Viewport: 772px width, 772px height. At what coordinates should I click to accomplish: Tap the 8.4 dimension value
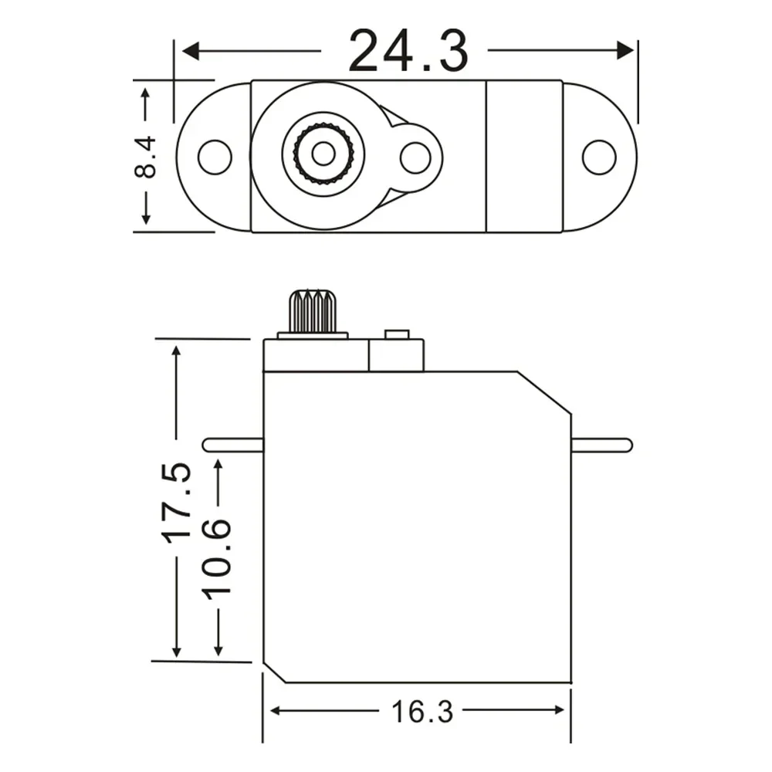point(146,157)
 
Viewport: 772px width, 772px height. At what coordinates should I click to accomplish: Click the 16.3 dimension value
point(421,711)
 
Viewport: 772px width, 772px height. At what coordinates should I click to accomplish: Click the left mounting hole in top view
point(215,157)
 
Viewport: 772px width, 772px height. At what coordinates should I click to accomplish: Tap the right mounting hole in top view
point(599,157)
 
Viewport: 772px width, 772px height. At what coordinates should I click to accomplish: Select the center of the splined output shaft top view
point(323,154)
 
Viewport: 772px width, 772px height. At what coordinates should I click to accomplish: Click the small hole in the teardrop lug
point(415,157)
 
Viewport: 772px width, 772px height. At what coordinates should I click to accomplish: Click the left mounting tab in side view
point(232,445)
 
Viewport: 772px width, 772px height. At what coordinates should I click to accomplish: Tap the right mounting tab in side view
point(601,445)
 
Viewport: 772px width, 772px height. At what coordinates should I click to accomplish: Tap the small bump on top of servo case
point(396,335)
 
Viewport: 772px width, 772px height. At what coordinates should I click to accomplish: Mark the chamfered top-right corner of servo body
point(544,393)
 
